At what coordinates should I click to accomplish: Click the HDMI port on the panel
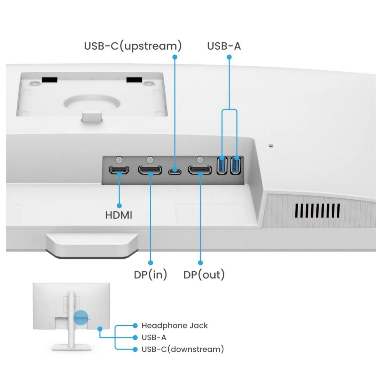coord(119,170)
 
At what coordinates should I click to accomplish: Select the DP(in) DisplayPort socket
coord(150,170)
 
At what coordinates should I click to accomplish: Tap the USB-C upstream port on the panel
coord(174,172)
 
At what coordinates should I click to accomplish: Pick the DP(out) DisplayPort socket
coord(200,170)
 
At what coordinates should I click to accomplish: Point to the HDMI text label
coord(118,215)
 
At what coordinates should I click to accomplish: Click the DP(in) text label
coord(150,274)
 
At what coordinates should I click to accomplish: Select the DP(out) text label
coord(204,274)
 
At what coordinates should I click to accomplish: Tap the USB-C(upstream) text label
coord(133,46)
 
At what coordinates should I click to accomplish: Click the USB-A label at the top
coord(224,46)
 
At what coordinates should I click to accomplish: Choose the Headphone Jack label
coord(174,326)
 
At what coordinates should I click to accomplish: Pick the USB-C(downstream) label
coord(183,349)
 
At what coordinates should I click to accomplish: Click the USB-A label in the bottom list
coord(154,337)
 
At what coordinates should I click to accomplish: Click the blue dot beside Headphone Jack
coord(135,326)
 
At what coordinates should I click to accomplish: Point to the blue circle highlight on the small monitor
coord(81,318)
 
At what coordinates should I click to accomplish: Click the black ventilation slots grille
coord(317,210)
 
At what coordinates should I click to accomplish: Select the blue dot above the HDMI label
coord(119,206)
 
